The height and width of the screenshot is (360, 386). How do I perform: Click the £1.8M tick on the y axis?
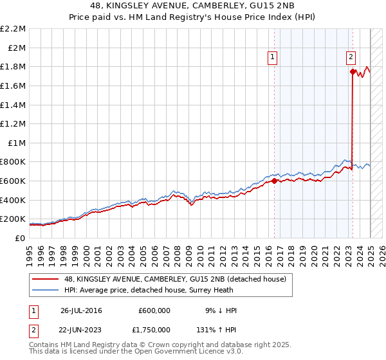coord(13,66)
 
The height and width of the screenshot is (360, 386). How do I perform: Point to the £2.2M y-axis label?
coord(13,29)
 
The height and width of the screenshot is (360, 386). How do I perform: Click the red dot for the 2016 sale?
coord(274,181)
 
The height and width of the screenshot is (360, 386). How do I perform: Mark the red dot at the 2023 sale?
coord(353,71)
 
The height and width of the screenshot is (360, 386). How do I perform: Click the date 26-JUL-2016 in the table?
coord(81,310)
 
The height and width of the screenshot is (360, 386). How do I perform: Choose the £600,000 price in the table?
coord(154,310)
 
